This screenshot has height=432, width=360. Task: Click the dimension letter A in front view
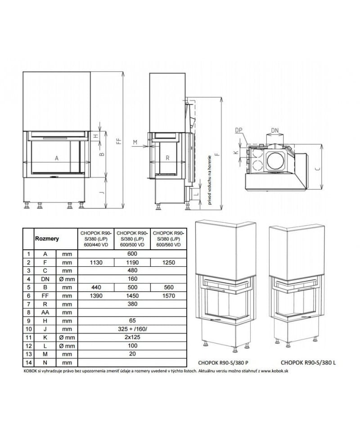tap(56, 158)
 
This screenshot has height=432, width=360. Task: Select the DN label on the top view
tap(274, 130)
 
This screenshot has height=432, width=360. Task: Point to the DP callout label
tap(238, 130)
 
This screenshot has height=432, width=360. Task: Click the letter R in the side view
tap(167, 158)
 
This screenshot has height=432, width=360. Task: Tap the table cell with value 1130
tap(96, 262)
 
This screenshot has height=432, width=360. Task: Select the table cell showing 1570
tap(168, 296)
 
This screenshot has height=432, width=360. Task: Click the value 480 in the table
tap(132, 271)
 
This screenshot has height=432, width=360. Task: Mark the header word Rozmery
tap(47, 239)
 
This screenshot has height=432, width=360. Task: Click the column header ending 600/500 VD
tap(132, 239)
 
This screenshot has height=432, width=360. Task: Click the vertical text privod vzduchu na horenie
tap(209, 179)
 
